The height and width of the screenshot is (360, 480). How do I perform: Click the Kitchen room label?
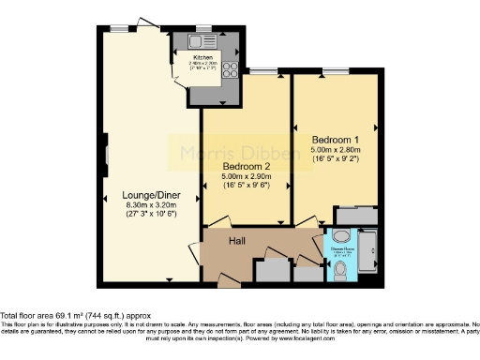[x=205, y=58]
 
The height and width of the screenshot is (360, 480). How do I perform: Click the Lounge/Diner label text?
[x=151, y=196]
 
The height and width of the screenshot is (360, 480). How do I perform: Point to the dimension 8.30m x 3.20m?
[x=151, y=206]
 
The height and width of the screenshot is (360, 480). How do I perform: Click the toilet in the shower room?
[x=341, y=272]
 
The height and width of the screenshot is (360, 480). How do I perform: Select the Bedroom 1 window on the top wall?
[x=334, y=69]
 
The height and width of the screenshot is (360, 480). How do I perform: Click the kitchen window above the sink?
[x=203, y=27]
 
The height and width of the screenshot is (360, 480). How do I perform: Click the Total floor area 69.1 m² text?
[x=74, y=315]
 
